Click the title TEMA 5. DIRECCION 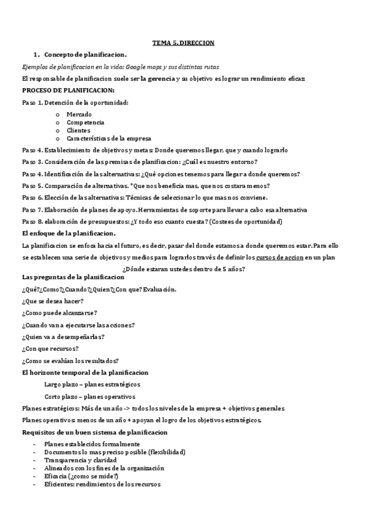click(x=183, y=43)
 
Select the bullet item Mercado click(x=79, y=114)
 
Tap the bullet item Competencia click(x=85, y=122)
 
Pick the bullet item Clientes click(x=78, y=130)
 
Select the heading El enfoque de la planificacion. click(x=69, y=233)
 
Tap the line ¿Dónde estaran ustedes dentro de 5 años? click(x=184, y=268)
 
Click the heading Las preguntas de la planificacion click(x=72, y=278)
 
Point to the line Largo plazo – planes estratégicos click(x=93, y=384)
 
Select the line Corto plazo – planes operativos click(x=90, y=397)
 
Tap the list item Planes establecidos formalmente click(x=92, y=444)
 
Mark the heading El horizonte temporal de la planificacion click(x=85, y=372)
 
